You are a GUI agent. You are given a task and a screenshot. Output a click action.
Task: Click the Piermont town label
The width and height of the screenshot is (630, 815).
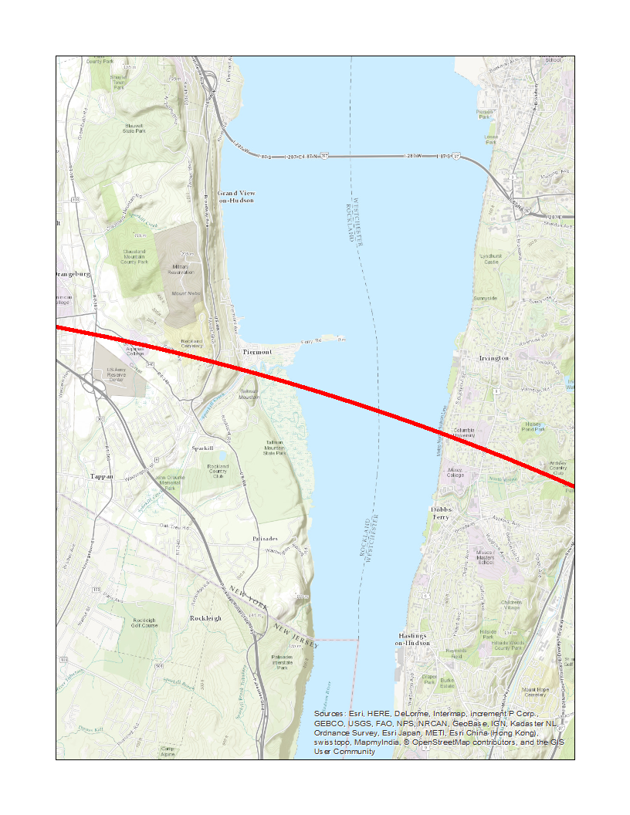257,351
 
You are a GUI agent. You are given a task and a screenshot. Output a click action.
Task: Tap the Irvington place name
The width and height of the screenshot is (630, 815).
494,358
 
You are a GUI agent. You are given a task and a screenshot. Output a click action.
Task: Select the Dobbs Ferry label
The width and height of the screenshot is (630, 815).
441,513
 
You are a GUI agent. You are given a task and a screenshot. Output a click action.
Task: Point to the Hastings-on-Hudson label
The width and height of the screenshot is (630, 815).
412,639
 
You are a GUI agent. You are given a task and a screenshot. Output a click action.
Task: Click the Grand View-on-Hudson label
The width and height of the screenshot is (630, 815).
235,196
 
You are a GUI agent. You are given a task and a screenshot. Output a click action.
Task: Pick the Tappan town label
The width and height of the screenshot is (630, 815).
102,476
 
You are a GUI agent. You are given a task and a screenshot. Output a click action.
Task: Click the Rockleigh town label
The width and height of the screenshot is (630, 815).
205,618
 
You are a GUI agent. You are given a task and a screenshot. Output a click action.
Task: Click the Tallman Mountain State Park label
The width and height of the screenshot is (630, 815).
275,448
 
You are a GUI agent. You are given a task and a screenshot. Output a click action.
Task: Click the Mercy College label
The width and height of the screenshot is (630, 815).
455,472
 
